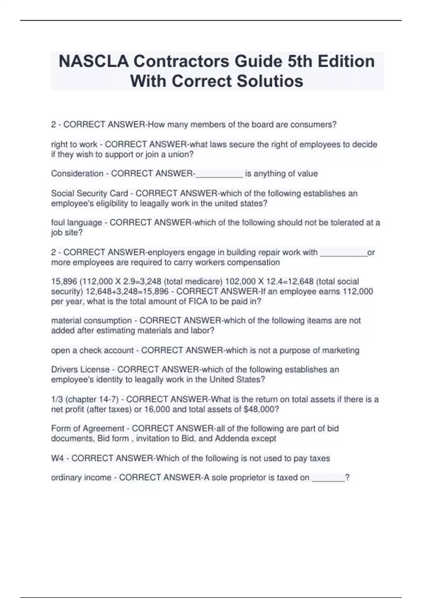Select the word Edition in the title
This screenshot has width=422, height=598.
pyautogui.click(x=346, y=62)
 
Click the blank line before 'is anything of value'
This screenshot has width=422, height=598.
pyautogui.click(x=219, y=174)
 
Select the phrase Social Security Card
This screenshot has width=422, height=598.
pyautogui.click(x=90, y=193)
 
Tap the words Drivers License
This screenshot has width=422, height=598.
pyautogui.click(x=81, y=370)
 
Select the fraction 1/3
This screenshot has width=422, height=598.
pyautogui.click(x=57, y=400)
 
